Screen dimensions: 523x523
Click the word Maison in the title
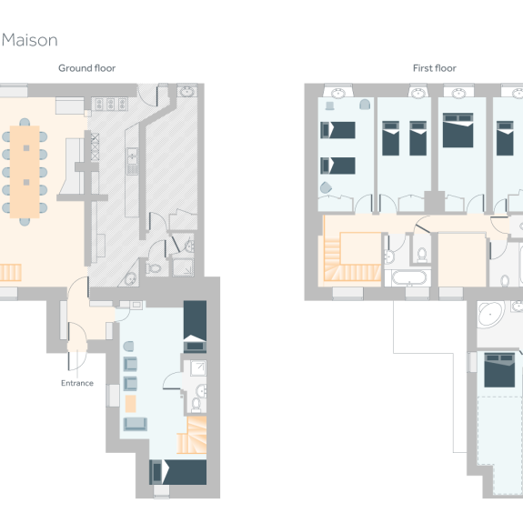[30, 40]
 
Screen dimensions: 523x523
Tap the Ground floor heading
[87, 68]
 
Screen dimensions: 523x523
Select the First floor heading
[434, 68]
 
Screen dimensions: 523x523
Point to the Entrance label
[77, 383]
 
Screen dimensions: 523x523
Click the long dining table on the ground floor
[26, 171]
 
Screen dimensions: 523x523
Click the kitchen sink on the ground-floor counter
[133, 163]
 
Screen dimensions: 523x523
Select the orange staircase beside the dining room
[10, 271]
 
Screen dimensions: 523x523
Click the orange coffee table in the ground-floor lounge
[131, 402]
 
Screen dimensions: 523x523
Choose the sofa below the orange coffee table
[135, 425]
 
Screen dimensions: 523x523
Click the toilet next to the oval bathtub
[423, 254]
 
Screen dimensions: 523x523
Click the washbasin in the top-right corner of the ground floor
[186, 92]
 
